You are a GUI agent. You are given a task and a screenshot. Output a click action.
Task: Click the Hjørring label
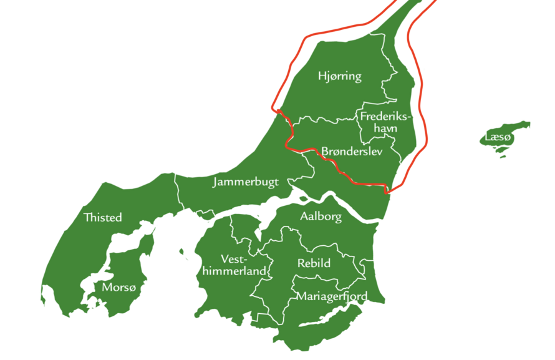click(339, 77)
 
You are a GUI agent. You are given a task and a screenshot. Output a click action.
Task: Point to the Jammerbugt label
click(249, 183)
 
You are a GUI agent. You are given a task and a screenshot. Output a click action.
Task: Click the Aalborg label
click(321, 217)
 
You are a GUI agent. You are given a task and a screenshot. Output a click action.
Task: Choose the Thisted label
click(102, 218)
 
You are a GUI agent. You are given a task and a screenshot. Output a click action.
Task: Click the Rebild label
click(314, 263)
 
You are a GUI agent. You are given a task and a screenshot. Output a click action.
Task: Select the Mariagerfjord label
click(331, 296)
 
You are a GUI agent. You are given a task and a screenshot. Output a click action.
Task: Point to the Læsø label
click(498, 137)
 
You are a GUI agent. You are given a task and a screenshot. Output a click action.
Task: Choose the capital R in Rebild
click(301, 263)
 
